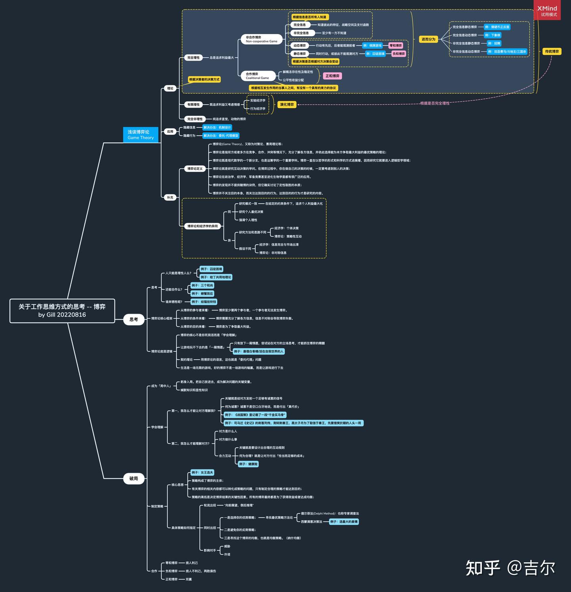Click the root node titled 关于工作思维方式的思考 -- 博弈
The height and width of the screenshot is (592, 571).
point(62,310)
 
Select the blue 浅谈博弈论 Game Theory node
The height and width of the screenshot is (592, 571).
point(140,135)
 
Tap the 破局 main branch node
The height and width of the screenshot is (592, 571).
point(134,479)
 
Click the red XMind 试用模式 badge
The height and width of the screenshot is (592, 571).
point(547,11)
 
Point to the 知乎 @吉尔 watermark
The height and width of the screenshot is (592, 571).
point(510,567)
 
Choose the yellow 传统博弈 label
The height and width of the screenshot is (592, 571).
point(552,52)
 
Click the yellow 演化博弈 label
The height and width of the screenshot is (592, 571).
point(287,105)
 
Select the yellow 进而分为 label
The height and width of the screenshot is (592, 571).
point(428,39)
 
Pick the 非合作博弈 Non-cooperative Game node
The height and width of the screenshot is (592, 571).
point(261,39)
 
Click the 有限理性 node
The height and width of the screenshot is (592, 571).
point(194,105)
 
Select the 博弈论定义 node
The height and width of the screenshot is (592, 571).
point(195,169)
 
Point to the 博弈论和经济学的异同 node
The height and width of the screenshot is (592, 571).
point(203,226)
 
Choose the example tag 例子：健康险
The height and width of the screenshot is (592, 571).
point(248,464)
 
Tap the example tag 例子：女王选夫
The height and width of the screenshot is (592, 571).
point(202,473)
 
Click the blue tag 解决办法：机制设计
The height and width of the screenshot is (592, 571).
point(217,128)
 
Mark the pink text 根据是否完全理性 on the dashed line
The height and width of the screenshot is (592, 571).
point(435,103)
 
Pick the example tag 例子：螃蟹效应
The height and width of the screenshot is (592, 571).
point(202,294)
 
